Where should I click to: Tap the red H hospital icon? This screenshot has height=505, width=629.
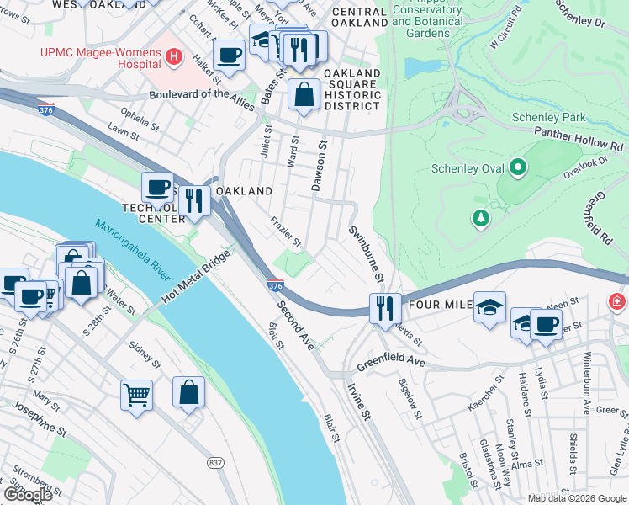(x=174, y=56)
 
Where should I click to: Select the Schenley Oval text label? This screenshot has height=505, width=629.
(x=468, y=168)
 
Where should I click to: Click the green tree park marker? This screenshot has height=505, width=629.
(x=480, y=219)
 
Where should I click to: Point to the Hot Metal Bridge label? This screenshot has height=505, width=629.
(x=196, y=278)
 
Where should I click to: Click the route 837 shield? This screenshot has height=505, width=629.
(x=215, y=463)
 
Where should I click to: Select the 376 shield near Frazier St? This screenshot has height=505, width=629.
(x=275, y=286)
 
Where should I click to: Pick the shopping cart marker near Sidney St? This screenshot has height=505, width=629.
(x=136, y=394)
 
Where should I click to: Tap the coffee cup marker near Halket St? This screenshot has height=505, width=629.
(x=229, y=56)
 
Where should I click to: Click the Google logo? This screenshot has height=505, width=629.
(x=29, y=495)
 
